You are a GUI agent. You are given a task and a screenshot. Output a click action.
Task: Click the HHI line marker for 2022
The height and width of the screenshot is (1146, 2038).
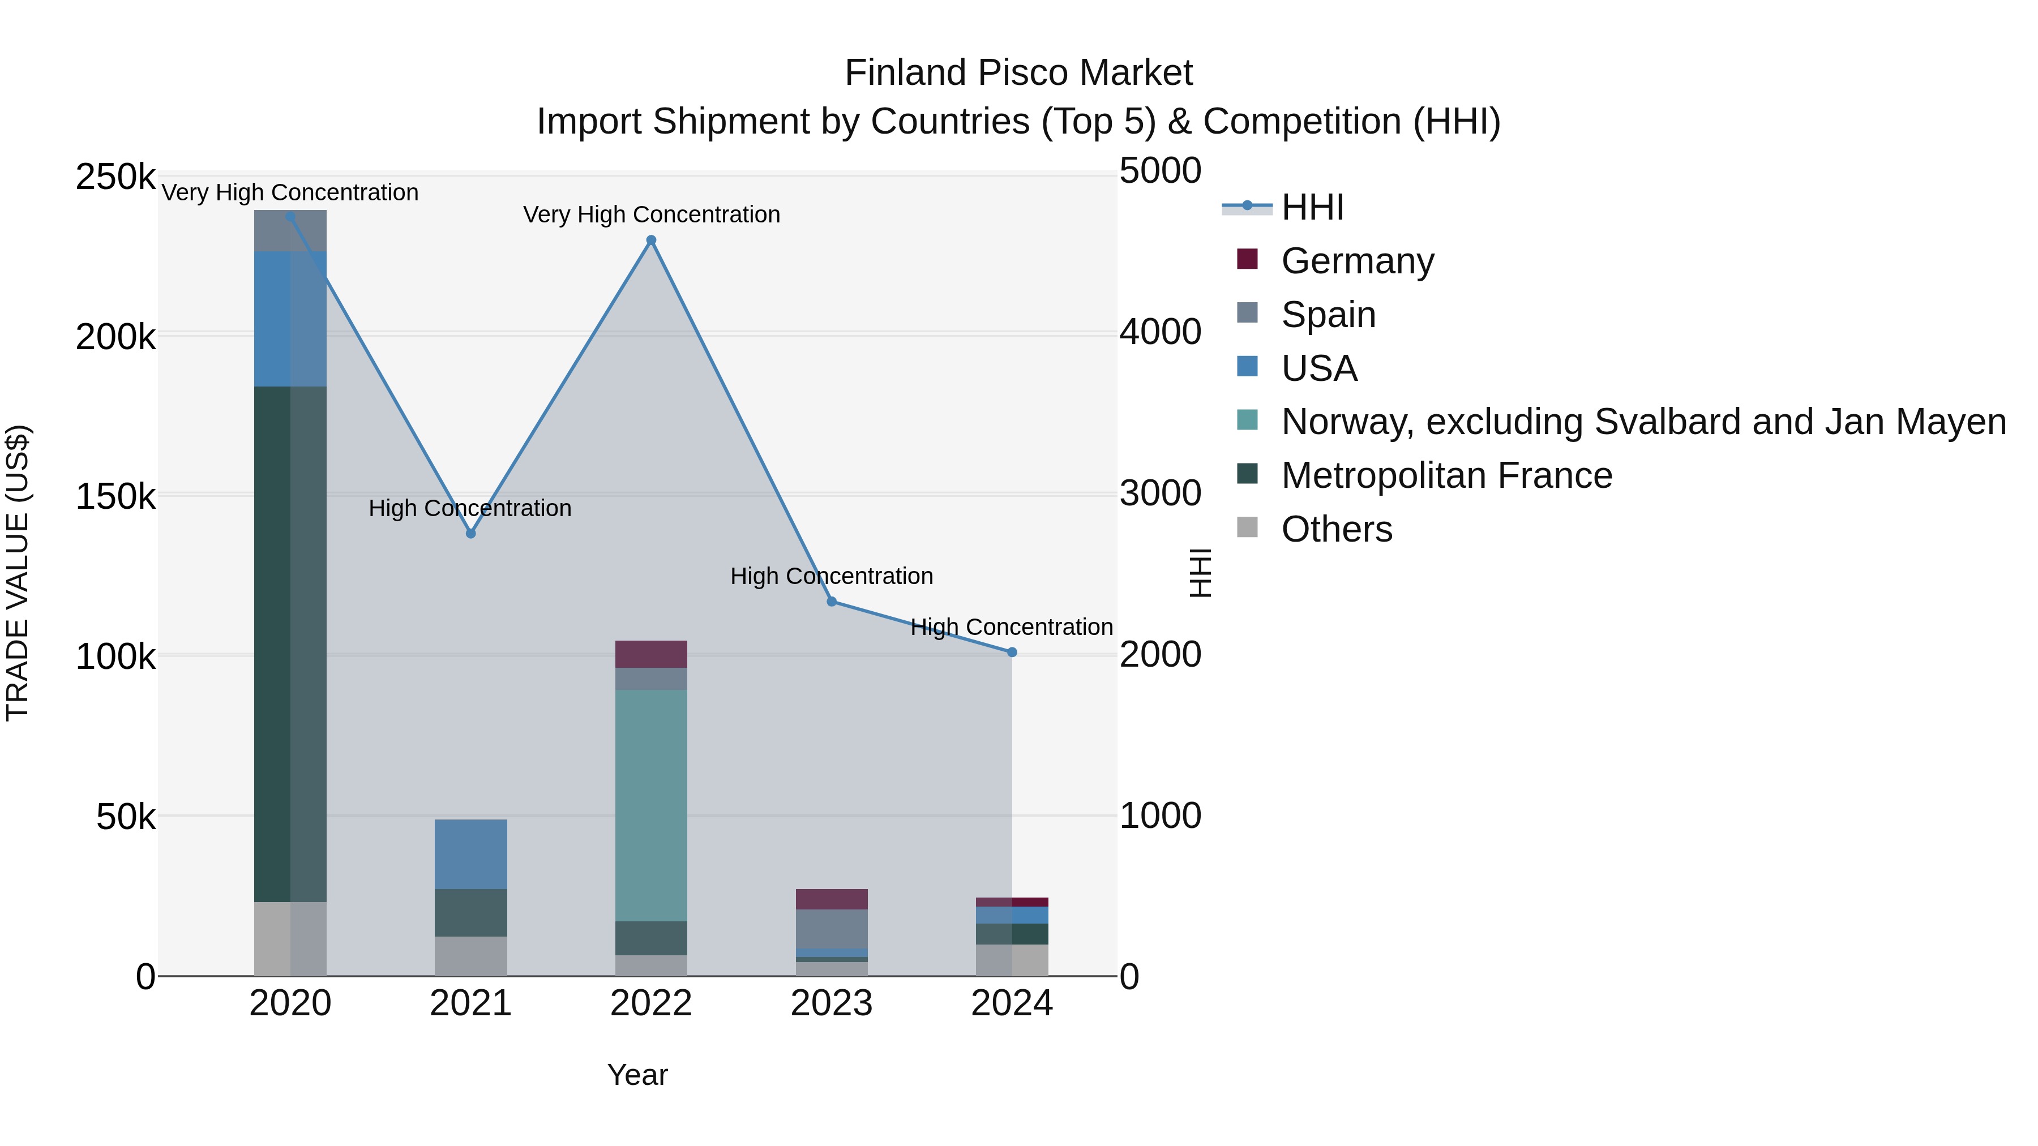[651, 241]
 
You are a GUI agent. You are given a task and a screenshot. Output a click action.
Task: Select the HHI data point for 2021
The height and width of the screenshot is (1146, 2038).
[471, 534]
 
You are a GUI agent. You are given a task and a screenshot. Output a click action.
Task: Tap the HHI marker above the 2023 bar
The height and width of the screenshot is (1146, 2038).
[832, 602]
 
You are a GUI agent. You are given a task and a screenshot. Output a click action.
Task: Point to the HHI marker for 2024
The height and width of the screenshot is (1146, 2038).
[1012, 653]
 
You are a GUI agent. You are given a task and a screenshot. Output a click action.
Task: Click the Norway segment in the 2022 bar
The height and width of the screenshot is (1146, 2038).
[651, 805]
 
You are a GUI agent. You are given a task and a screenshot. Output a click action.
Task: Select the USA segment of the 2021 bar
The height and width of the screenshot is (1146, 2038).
[471, 854]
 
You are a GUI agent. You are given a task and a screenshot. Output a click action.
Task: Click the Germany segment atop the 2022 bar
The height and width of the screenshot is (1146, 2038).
[651, 654]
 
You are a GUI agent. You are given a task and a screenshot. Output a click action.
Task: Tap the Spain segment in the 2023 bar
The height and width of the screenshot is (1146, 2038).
[832, 929]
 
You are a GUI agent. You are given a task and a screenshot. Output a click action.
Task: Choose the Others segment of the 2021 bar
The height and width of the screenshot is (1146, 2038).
[471, 956]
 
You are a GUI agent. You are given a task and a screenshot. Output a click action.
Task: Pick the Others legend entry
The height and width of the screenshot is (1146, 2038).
[1335, 529]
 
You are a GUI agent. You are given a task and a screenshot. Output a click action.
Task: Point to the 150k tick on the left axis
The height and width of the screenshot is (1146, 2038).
[115, 497]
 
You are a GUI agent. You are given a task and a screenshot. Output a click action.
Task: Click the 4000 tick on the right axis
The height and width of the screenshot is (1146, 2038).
[1160, 332]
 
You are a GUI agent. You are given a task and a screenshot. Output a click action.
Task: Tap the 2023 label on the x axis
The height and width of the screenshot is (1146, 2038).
[832, 1003]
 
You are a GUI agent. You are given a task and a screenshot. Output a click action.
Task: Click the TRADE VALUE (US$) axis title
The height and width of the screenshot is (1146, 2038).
[18, 573]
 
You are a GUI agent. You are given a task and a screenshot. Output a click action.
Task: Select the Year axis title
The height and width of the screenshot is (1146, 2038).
[637, 1075]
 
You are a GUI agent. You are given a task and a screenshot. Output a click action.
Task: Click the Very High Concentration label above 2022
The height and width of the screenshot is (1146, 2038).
[651, 214]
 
